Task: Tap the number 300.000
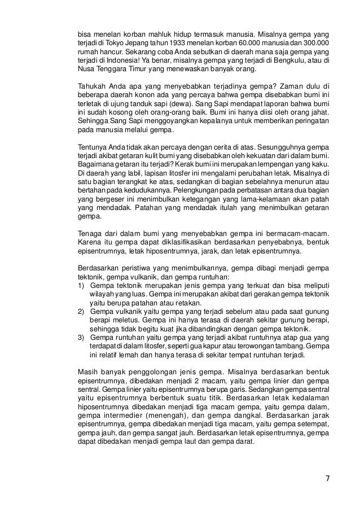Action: click(317, 43)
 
